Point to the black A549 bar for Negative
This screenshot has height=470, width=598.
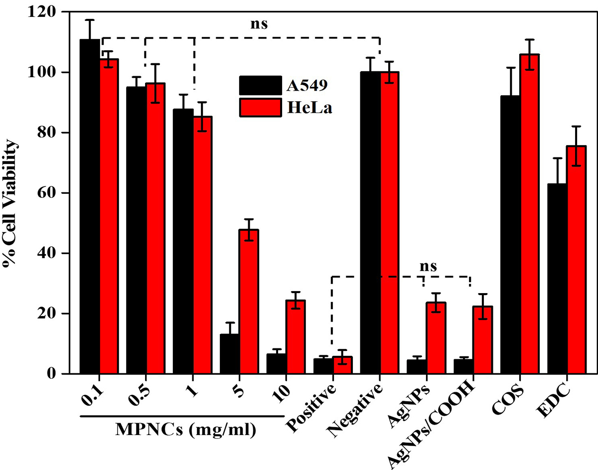pos(370,223)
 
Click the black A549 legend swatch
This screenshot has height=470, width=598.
pos(261,85)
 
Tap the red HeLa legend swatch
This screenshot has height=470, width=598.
pos(261,107)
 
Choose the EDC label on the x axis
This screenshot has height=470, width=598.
pos(555,396)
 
